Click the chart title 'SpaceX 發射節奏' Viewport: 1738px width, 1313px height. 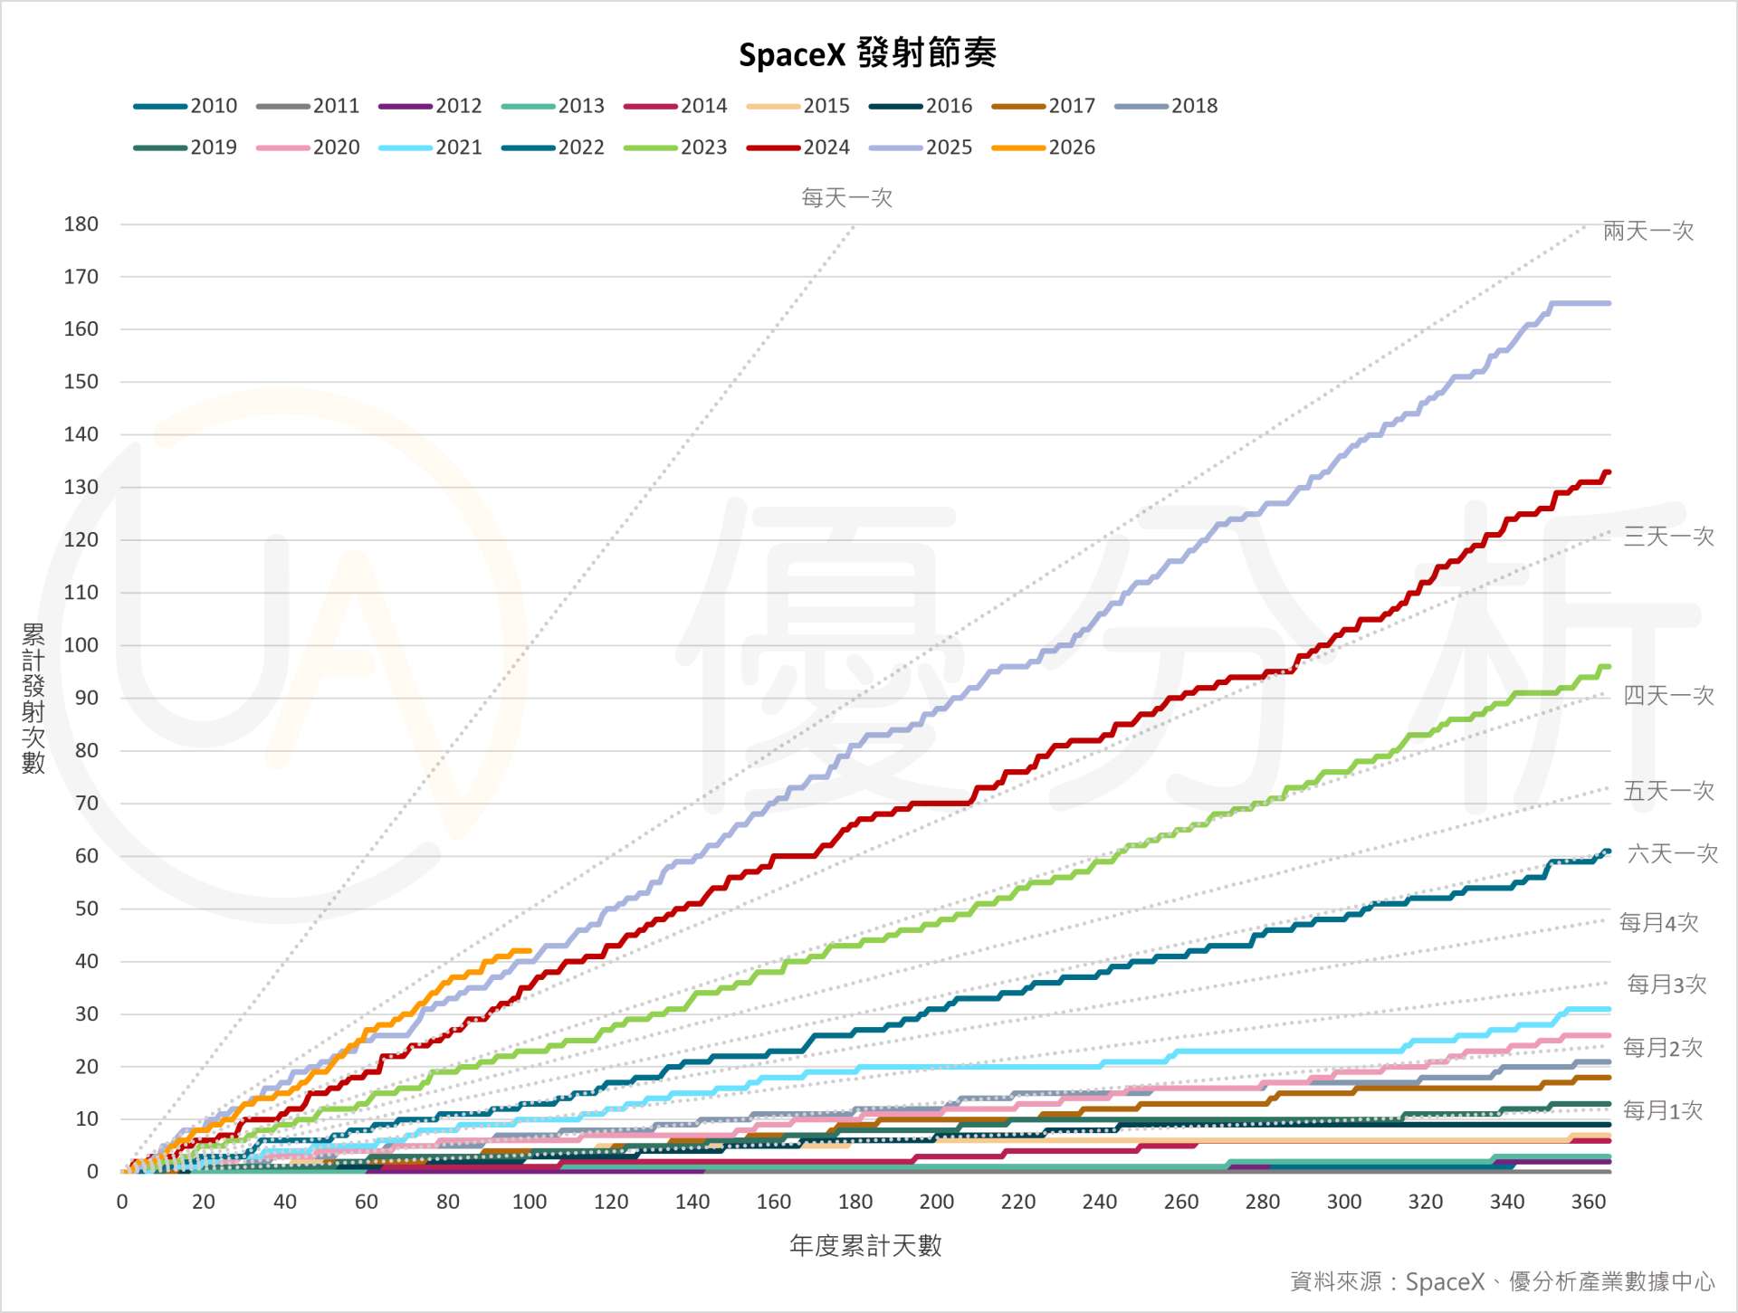pyautogui.click(x=867, y=54)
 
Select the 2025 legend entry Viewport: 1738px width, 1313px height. pyautogui.click(x=921, y=147)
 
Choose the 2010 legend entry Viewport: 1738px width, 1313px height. pyautogui.click(x=186, y=106)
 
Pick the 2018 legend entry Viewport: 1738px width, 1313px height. pyautogui.click(x=1167, y=106)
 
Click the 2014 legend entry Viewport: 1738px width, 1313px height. pyautogui.click(x=676, y=106)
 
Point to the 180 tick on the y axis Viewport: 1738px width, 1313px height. pyautogui.click(x=81, y=224)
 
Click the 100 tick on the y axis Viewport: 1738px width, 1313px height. pyautogui.click(x=81, y=645)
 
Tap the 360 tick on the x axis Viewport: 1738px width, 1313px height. pyautogui.click(x=1589, y=1202)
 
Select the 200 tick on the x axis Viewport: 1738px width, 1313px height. pyautogui.click(x=937, y=1202)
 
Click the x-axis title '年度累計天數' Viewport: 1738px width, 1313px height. pyautogui.click(x=865, y=1246)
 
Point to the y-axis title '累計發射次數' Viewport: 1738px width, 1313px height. pyautogui.click(x=33, y=698)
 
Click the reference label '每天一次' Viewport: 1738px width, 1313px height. pyautogui.click(x=846, y=198)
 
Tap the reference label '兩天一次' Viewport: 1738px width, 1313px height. pyautogui.click(x=1647, y=232)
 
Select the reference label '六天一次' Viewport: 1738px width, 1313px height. pyautogui.click(x=1672, y=853)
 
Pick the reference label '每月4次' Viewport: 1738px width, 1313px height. pyautogui.click(x=1658, y=923)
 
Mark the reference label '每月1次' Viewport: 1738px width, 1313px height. pyautogui.click(x=1662, y=1110)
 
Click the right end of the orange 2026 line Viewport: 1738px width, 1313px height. pyautogui.click(x=530, y=950)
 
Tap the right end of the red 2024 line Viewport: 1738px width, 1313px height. pyautogui.click(x=1608, y=472)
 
